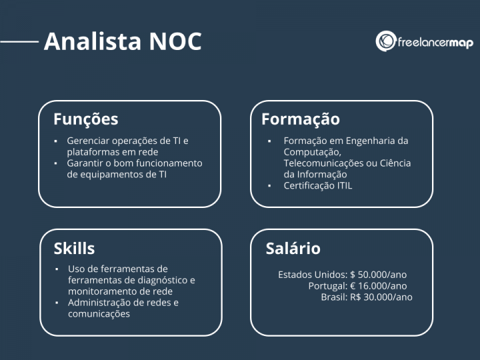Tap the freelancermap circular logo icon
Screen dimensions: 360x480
[386, 41]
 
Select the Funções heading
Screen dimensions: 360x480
[85, 119]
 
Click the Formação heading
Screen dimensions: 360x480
[300, 119]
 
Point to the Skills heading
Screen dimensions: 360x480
[74, 249]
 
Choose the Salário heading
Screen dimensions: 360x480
[293, 249]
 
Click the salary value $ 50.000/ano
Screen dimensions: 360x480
[378, 275]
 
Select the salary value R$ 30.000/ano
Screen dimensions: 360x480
[381, 297]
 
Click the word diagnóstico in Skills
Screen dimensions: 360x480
[159, 281]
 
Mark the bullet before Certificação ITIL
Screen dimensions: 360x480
[269, 186]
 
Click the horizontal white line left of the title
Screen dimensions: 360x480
[20, 41]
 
